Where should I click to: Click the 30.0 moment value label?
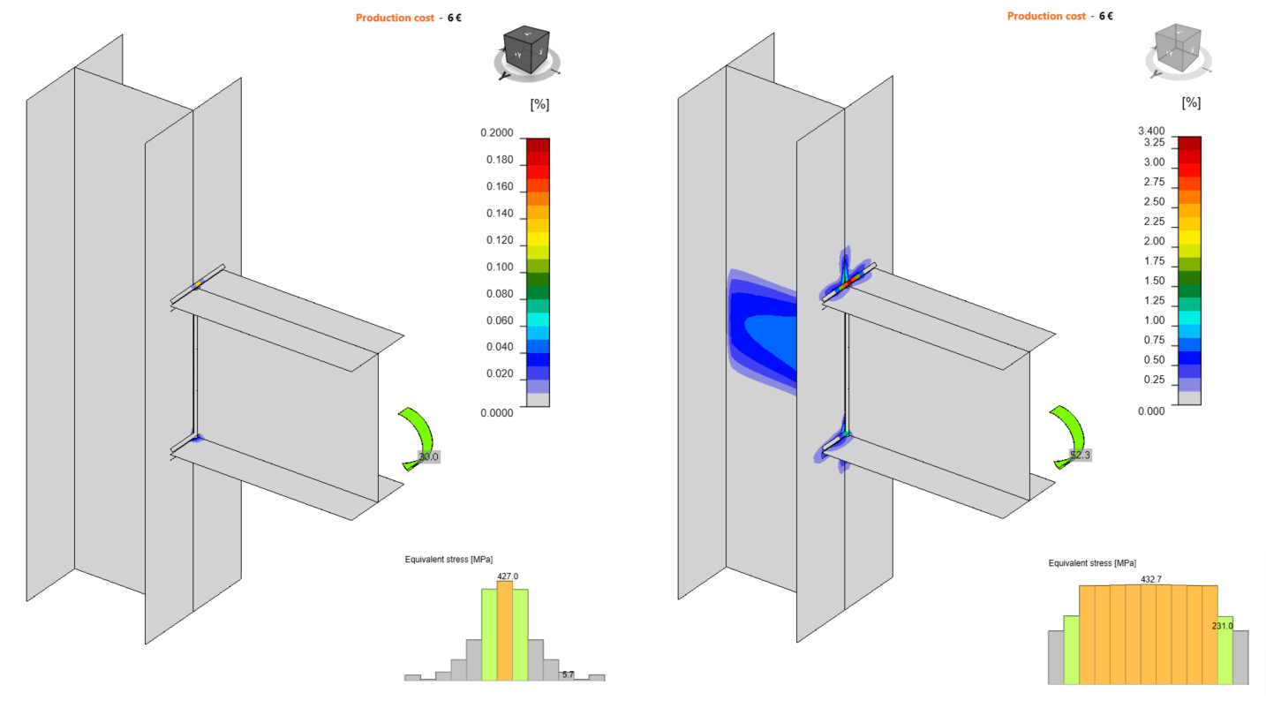pos(428,457)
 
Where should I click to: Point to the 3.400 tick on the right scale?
pos(1152,131)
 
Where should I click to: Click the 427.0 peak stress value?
pos(507,576)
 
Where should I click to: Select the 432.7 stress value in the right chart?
pos(1151,580)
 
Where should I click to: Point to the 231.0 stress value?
pos(1222,626)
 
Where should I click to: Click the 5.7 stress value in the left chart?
pos(568,674)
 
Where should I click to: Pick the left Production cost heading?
pos(394,18)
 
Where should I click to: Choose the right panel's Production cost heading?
pos(1046,16)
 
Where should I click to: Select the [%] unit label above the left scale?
pos(539,104)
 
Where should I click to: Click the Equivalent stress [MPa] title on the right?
pos(1092,563)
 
